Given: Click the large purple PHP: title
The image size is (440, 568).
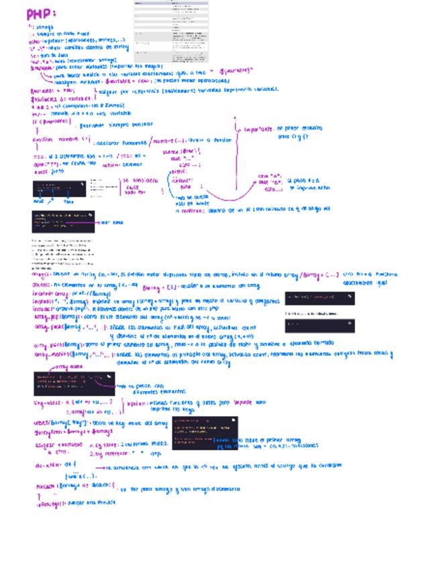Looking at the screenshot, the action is pos(41,14).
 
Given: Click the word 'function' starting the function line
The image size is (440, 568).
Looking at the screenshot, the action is pos(42,139).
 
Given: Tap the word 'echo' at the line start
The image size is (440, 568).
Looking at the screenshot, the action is pos(35,40).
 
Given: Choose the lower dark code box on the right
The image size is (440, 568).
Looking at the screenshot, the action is pos(319,326).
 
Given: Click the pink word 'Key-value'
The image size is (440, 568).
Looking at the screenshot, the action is pos(46,403).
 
